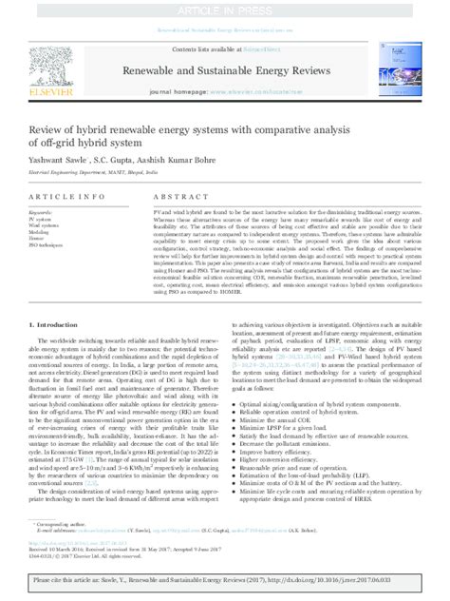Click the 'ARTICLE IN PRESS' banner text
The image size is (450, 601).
225,9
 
